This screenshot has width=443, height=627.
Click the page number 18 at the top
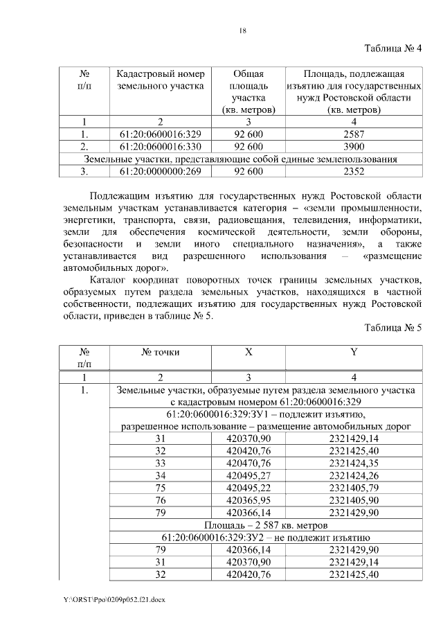pyautogui.click(x=243, y=30)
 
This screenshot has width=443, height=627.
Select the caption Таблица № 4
pyautogui.click(x=392, y=47)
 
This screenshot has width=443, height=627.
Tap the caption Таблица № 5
pyautogui.click(x=392, y=328)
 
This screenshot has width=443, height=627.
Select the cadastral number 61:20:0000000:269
pyautogui.click(x=160, y=171)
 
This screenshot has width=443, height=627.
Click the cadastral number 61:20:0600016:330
pyautogui.click(x=160, y=146)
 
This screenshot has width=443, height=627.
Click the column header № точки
pyautogui.click(x=161, y=352)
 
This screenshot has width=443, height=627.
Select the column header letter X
pyautogui.click(x=248, y=352)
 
